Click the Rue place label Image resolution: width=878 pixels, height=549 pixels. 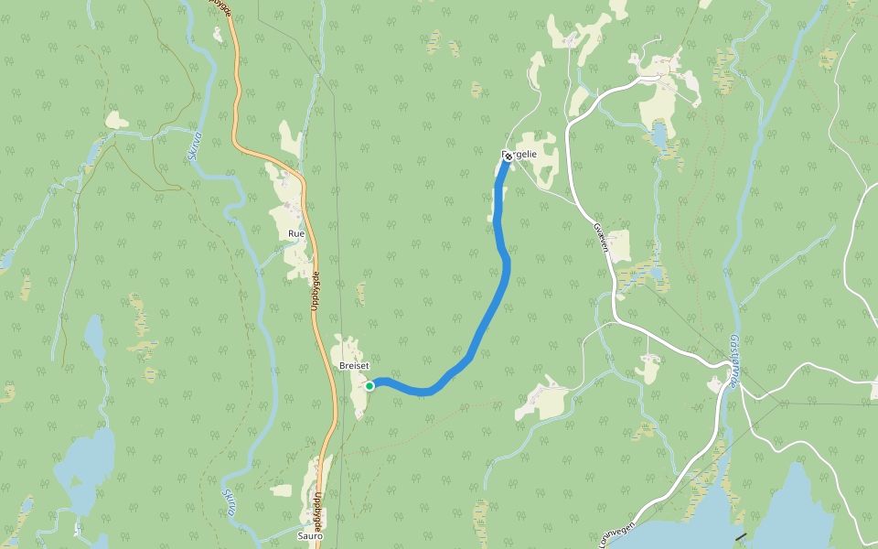pyautogui.click(x=295, y=234)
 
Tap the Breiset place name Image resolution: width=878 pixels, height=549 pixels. pyautogui.click(x=353, y=365)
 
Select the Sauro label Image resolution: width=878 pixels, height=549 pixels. pyautogui.click(x=310, y=536)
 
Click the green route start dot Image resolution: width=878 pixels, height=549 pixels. pyautogui.click(x=369, y=386)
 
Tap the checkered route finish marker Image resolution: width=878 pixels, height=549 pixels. pyautogui.click(x=508, y=157)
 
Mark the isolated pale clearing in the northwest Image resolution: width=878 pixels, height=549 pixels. pyautogui.click(x=116, y=120)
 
